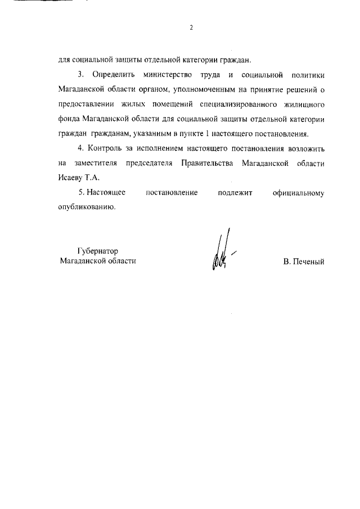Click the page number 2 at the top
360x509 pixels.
tap(191, 28)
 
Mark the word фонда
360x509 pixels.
tap(69, 119)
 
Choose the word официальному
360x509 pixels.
tap(300, 193)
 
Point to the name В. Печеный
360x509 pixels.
tap(304, 262)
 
